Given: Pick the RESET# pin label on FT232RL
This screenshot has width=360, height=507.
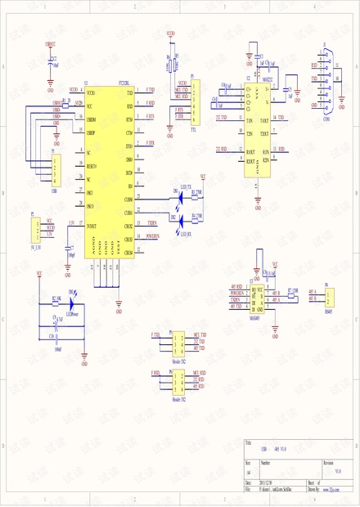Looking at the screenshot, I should point(92,166).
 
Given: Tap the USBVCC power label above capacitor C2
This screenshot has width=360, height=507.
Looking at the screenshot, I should point(51,43).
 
